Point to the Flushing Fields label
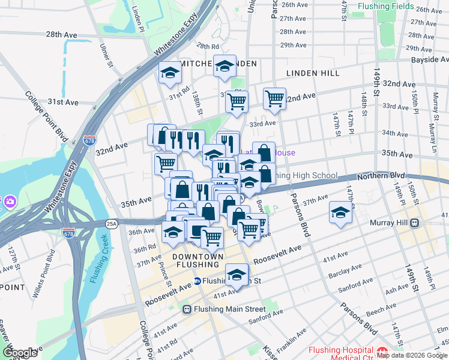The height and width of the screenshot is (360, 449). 385,7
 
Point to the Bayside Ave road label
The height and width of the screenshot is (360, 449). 429,60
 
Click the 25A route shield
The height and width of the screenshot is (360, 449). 111,223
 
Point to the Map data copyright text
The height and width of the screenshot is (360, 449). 412,355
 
